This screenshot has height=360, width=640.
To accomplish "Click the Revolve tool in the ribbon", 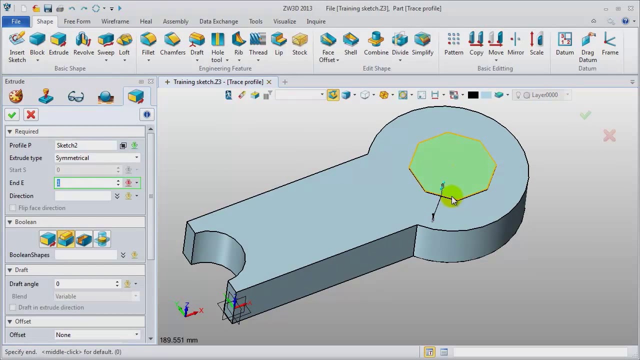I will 83,44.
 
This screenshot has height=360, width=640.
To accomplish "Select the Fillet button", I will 148,44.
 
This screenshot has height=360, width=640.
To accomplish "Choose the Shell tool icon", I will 350,44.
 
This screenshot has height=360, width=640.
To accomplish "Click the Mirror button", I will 515,44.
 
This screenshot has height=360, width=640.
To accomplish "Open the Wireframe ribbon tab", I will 115,21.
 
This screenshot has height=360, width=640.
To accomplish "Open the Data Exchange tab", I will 218,21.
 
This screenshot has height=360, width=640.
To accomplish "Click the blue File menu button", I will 16,21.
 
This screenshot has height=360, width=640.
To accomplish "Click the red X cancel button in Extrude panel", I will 31,115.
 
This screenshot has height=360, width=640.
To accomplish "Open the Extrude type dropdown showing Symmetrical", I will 97,158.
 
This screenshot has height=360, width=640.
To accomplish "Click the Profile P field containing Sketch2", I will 86,145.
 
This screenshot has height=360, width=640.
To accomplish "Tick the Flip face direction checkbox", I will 13,208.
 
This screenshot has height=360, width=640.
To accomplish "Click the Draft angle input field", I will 85,284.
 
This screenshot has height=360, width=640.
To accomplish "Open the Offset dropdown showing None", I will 97,335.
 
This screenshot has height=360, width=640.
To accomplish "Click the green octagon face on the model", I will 452,160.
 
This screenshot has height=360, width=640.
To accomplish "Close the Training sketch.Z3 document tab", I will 269,82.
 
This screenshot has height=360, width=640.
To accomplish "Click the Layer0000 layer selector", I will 544,95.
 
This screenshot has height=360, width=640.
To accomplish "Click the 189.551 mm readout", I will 178,340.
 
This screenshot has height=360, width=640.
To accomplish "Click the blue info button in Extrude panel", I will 147,115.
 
